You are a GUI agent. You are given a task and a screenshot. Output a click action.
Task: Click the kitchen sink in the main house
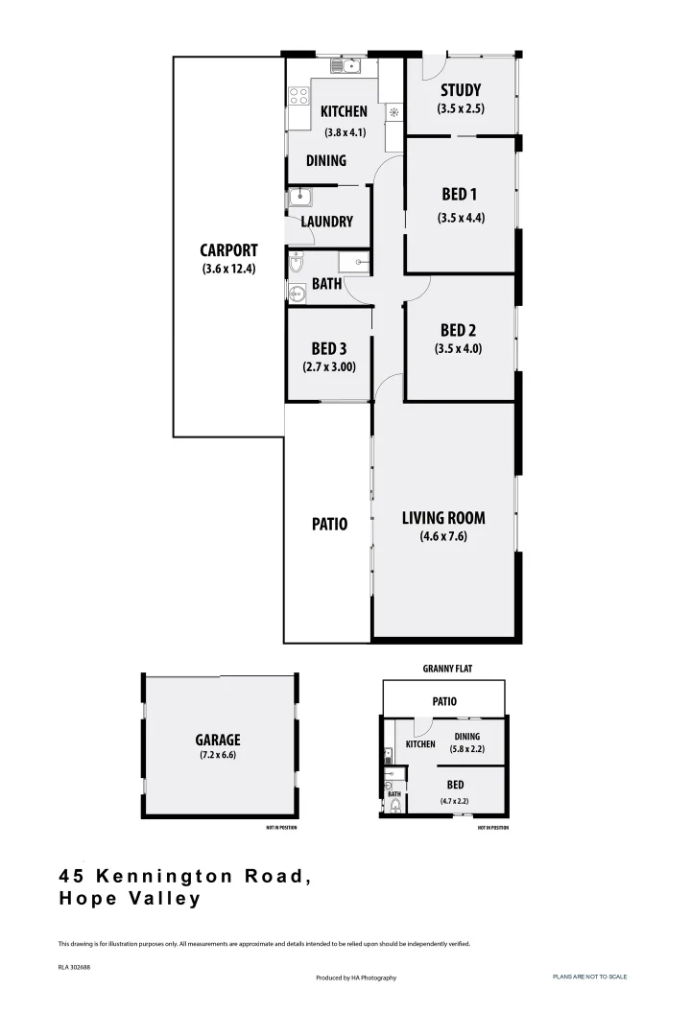(x=345, y=65)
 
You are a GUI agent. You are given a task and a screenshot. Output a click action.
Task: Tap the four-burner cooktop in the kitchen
(x=298, y=96)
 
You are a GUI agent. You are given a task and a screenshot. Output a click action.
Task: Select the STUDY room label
(x=461, y=91)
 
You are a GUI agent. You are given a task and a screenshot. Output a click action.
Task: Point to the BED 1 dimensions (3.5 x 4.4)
(x=461, y=217)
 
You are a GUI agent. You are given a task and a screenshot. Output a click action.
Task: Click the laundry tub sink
(x=298, y=199)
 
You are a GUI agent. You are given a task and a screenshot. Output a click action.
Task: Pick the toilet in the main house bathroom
(x=296, y=263)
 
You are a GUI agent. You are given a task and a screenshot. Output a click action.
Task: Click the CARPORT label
(x=228, y=250)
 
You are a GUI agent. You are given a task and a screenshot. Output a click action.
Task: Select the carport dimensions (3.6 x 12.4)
(x=228, y=269)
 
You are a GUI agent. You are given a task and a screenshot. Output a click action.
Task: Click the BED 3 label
(x=329, y=348)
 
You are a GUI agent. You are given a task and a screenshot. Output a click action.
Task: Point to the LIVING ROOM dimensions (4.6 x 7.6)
(x=443, y=536)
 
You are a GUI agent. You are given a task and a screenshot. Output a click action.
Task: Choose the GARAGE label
(x=218, y=740)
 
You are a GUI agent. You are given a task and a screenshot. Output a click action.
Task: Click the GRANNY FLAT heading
(x=447, y=668)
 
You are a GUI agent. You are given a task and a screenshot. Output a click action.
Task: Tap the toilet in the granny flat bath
(x=394, y=808)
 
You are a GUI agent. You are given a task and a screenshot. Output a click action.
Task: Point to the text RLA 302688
(x=74, y=967)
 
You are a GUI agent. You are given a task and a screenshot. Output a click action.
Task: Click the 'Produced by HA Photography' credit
(x=355, y=977)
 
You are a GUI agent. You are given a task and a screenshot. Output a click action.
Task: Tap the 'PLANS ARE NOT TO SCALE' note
(x=589, y=977)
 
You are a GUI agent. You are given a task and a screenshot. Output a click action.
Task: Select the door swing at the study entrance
(x=431, y=68)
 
